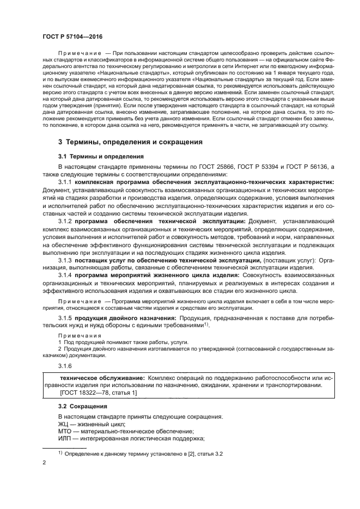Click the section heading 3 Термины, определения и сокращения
click(x=130, y=142)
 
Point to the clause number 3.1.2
click(x=66, y=222)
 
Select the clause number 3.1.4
click(x=66, y=275)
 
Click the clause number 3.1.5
click(x=66, y=317)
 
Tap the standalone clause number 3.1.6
click(x=66, y=367)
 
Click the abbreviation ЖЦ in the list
click(x=64, y=424)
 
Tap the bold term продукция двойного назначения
click(x=125, y=317)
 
